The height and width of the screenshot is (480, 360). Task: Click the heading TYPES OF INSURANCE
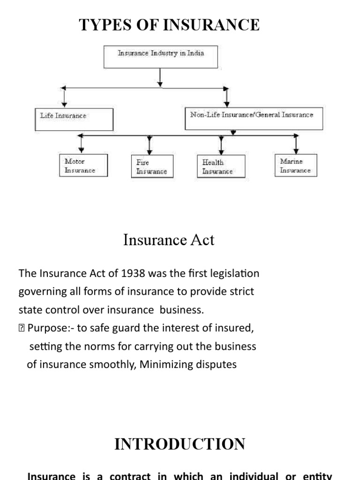point(169,24)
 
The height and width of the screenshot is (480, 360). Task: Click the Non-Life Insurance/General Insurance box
point(252,118)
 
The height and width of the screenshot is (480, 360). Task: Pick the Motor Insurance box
point(84,165)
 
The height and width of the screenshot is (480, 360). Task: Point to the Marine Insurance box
point(296,165)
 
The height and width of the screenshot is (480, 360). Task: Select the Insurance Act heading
point(169,240)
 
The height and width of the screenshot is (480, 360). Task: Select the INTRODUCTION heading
point(180,444)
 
